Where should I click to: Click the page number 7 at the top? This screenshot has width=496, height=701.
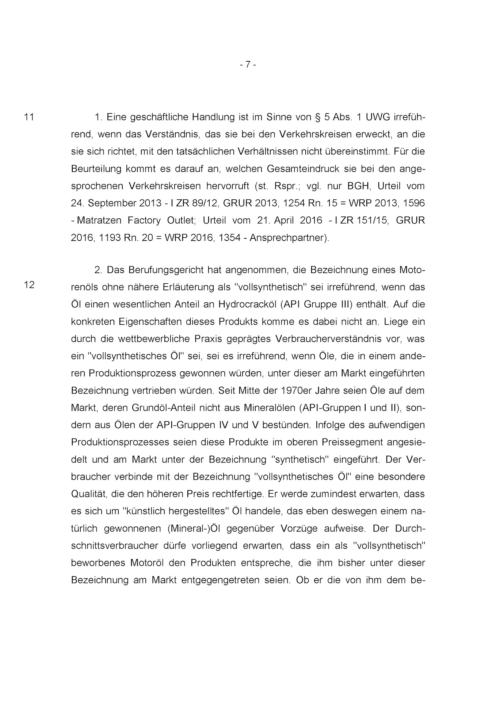(x=248, y=65)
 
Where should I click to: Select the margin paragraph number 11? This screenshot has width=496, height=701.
(x=29, y=117)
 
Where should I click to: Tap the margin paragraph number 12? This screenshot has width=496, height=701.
(x=29, y=285)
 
